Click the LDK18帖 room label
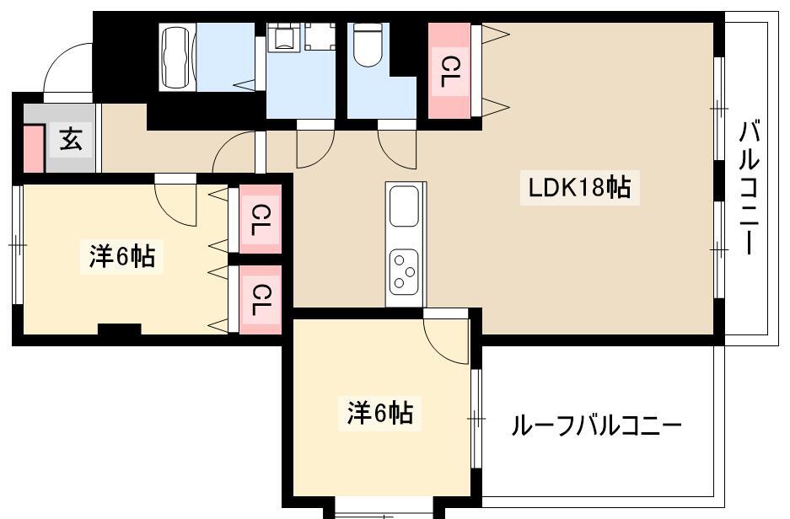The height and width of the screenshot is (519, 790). point(579,187)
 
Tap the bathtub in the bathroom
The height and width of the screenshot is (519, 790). point(178,56)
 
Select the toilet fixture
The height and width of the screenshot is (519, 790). point(368,45)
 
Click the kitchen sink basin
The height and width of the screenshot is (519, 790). point(404,206)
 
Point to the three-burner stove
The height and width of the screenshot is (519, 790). point(404,272)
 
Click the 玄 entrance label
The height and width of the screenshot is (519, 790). point(71,139)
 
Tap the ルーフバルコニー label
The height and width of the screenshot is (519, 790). point(596,425)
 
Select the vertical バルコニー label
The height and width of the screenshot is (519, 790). point(750,187)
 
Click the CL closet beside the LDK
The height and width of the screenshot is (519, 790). point(449,71)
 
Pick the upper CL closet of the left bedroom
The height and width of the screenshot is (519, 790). point(260,219)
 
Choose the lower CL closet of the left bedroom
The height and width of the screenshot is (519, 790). point(260,299)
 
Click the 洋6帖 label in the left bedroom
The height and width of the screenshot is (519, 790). point(122,257)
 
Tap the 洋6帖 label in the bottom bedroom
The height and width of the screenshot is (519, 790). point(380,413)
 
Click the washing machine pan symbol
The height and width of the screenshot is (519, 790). point(320,36)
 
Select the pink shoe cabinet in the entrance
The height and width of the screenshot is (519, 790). point(34,148)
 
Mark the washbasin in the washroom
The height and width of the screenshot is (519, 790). point(284,36)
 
